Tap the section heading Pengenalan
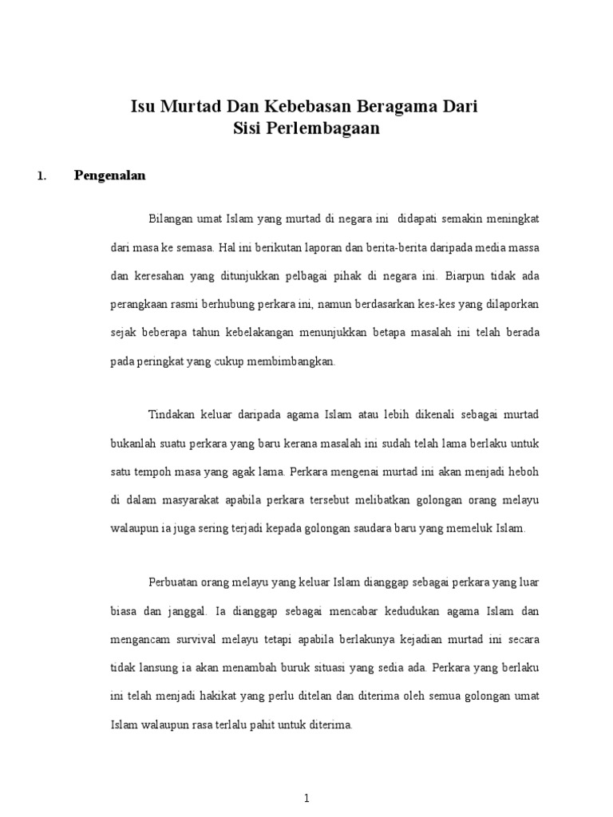pyautogui.click(x=110, y=176)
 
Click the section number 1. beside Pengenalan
pyautogui.click(x=42, y=177)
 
